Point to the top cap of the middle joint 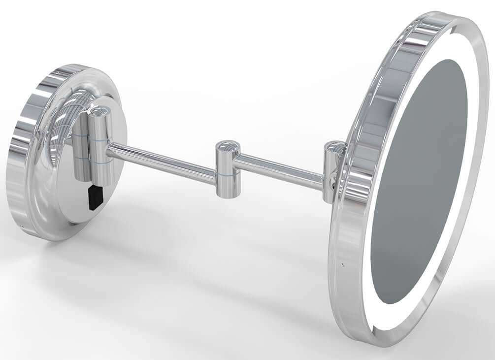pyautogui.click(x=228, y=145)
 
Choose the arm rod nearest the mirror pyautogui.click(x=281, y=170)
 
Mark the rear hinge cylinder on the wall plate pyautogui.click(x=81, y=148)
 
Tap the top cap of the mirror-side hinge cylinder pyautogui.click(x=335, y=147)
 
